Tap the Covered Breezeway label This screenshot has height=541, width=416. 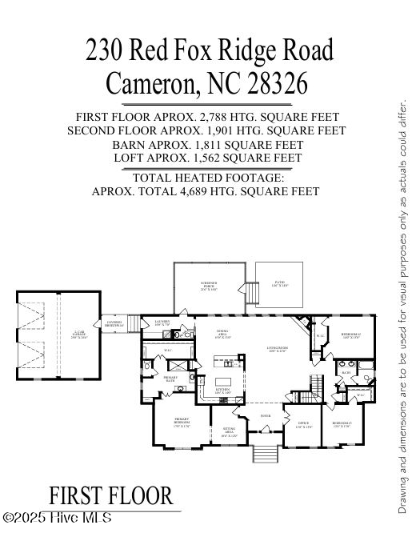coord(114,324)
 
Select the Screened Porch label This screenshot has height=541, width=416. coord(209,285)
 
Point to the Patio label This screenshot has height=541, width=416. coord(279,284)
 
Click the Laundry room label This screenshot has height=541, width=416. coord(162,323)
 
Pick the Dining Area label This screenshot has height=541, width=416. coord(223,335)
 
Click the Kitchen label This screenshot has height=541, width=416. coord(222,392)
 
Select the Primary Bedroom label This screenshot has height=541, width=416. coord(181,423)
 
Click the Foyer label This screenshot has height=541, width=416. coord(265,416)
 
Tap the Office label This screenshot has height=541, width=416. coord(303,424)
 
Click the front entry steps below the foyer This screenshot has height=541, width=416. coord(265,453)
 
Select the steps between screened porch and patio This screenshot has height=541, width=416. coord(253,295)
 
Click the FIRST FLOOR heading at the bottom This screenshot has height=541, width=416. coord(110,496)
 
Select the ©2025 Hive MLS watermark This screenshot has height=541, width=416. coord(58,519)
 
